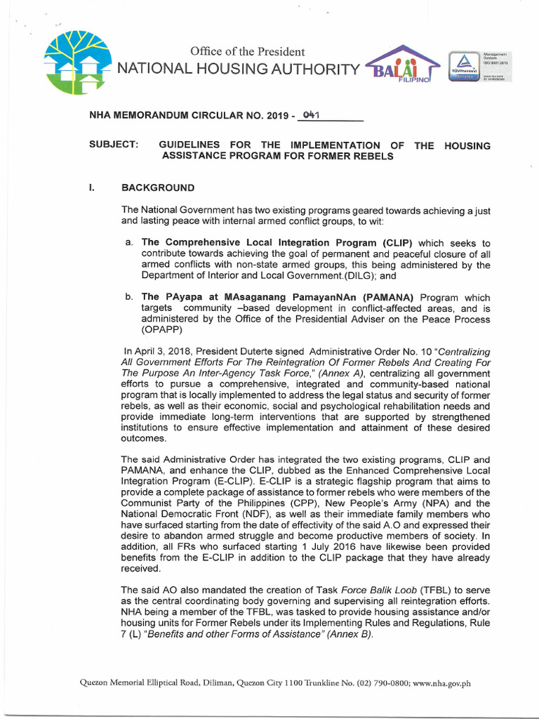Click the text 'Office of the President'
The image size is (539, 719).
point(247,51)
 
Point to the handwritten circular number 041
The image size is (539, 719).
point(310,114)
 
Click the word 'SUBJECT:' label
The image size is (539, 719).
point(114,145)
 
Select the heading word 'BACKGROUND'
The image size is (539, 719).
point(158,188)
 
